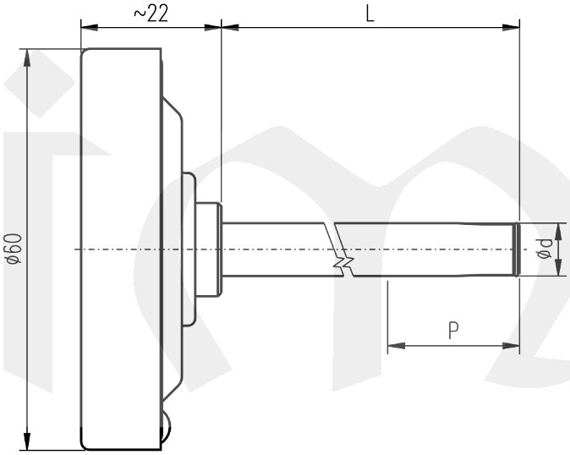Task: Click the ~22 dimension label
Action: click(150, 14)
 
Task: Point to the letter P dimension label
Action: click(453, 331)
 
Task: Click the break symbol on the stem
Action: click(340, 249)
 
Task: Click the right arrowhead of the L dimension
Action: click(511, 27)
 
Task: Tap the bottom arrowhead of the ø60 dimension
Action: click(27, 441)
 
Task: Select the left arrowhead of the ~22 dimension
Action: click(88, 27)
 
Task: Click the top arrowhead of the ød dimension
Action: click(558, 229)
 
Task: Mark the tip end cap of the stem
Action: click(516, 249)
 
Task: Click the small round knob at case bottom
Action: click(166, 430)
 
